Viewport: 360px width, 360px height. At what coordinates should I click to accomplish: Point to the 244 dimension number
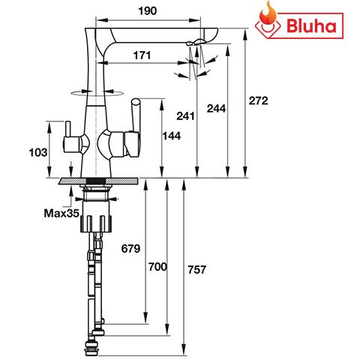tap(217, 109)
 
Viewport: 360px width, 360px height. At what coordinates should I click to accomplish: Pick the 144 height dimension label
tap(172, 135)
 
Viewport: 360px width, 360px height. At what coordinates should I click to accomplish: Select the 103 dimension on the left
tap(37, 152)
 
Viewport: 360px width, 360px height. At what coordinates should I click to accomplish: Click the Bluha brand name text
tap(313, 27)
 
